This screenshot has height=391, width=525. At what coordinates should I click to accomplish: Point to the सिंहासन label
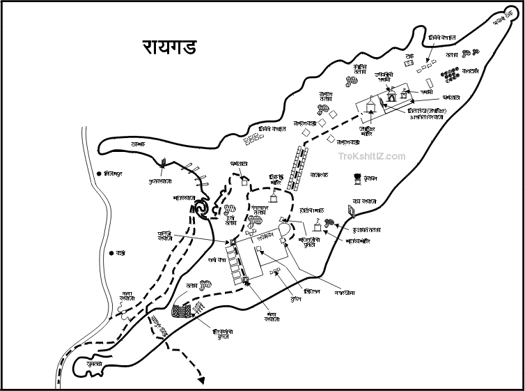(x=312, y=291)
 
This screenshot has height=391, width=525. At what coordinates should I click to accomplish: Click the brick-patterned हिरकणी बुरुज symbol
(x=182, y=311)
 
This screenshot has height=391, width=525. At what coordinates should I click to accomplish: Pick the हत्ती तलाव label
(x=229, y=220)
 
